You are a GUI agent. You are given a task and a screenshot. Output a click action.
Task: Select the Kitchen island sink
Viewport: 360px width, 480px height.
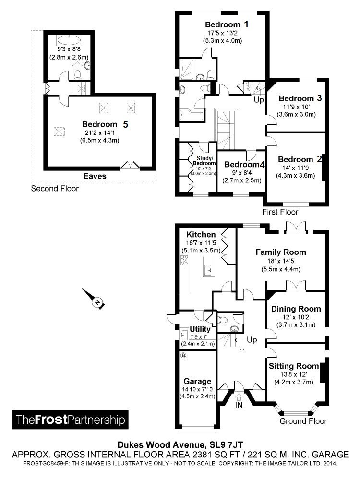point(209,270)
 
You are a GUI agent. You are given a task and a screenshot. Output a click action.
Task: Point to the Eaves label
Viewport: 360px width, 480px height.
point(95,176)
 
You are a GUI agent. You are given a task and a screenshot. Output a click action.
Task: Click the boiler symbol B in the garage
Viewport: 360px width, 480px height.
point(183,356)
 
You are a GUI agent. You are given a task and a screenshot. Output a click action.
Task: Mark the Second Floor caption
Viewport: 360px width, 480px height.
point(55,189)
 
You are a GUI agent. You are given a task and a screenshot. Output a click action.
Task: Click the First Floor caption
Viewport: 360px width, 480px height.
point(280,212)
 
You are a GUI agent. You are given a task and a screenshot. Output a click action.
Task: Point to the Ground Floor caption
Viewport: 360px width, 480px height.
point(303,421)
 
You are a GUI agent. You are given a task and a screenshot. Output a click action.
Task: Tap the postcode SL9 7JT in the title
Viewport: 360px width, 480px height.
point(227,444)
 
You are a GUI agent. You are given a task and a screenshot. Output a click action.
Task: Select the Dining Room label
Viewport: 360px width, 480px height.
point(296,309)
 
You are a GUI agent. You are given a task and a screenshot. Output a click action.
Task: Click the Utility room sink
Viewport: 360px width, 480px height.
point(184,335)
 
